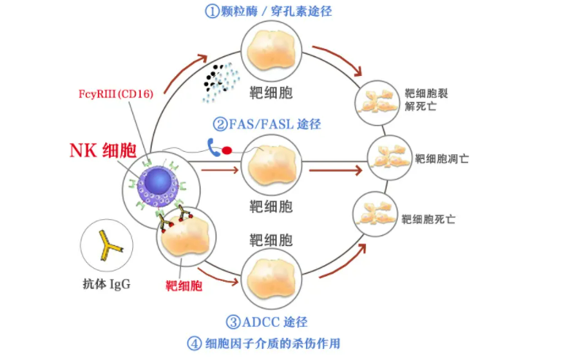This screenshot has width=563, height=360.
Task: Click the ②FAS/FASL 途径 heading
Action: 266,124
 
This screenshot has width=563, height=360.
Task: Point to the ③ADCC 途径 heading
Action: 266,322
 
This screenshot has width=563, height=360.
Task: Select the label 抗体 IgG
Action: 106,284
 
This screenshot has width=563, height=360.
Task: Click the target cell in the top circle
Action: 270,51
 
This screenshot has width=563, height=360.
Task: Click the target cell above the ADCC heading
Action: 270,276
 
